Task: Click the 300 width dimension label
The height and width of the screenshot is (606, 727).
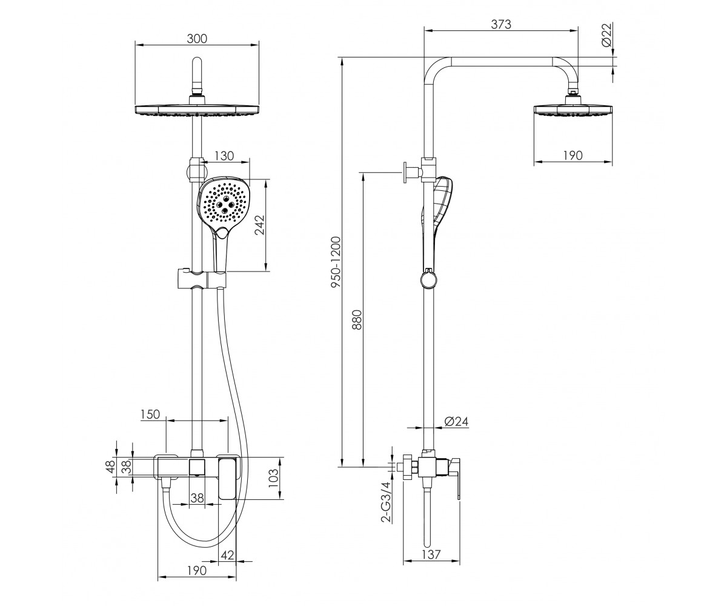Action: point(197,39)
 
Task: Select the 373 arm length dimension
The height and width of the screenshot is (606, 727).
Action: point(501,24)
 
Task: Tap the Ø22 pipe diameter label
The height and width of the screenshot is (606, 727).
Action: point(606,35)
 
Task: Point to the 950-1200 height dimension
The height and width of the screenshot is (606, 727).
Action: point(336,262)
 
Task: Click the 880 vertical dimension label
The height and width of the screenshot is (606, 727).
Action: point(357,319)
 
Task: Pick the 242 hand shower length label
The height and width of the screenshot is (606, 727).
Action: point(260,225)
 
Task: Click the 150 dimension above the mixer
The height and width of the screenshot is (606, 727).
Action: point(150,414)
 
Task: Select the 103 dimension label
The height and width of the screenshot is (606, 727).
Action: point(274,478)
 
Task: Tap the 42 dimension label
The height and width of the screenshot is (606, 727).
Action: point(227,555)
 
